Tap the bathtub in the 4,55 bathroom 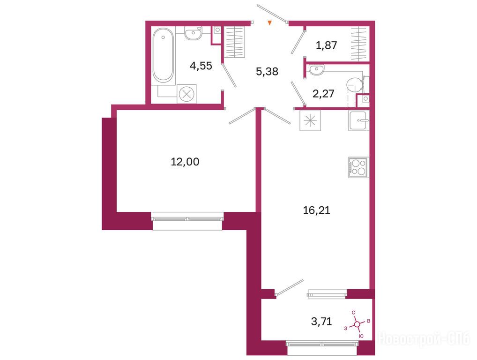(164, 55)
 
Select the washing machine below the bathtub (186, 94)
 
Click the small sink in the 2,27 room (317, 69)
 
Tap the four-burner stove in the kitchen (358, 167)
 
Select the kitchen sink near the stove (358, 120)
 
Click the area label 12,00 (185, 162)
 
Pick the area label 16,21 (316, 210)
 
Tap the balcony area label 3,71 (321, 321)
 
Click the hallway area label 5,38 (267, 72)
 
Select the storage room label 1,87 (327, 45)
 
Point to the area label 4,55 (201, 66)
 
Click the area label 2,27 (323, 93)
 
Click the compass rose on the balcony (358, 324)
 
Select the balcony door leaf (290, 287)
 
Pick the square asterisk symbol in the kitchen (310, 120)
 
